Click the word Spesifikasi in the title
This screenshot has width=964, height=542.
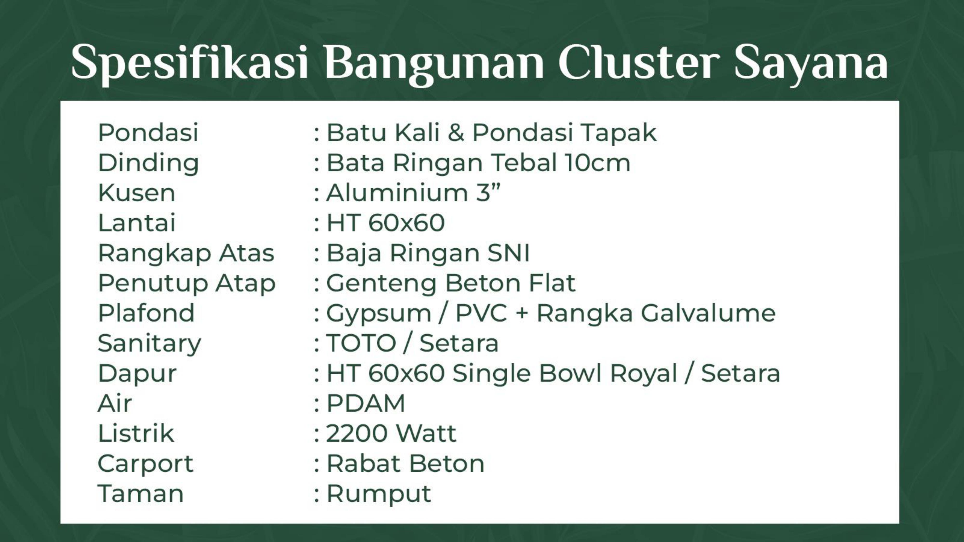(x=189, y=64)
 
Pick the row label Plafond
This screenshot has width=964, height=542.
(x=146, y=313)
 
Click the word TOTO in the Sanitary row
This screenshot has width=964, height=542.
(x=361, y=343)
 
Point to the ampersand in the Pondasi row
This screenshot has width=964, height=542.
(x=456, y=133)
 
